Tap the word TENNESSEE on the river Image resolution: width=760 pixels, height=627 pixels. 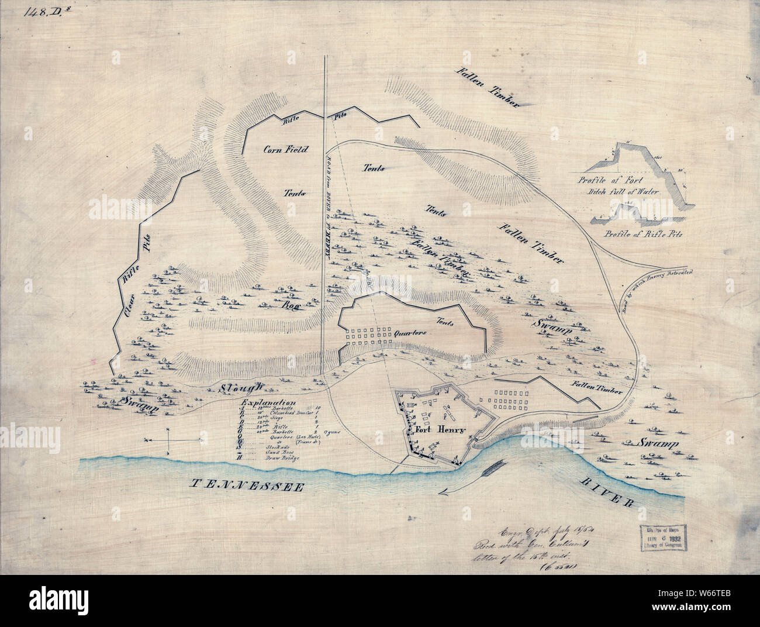[245, 485]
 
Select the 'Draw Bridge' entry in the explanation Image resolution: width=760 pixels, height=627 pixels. [285, 458]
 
